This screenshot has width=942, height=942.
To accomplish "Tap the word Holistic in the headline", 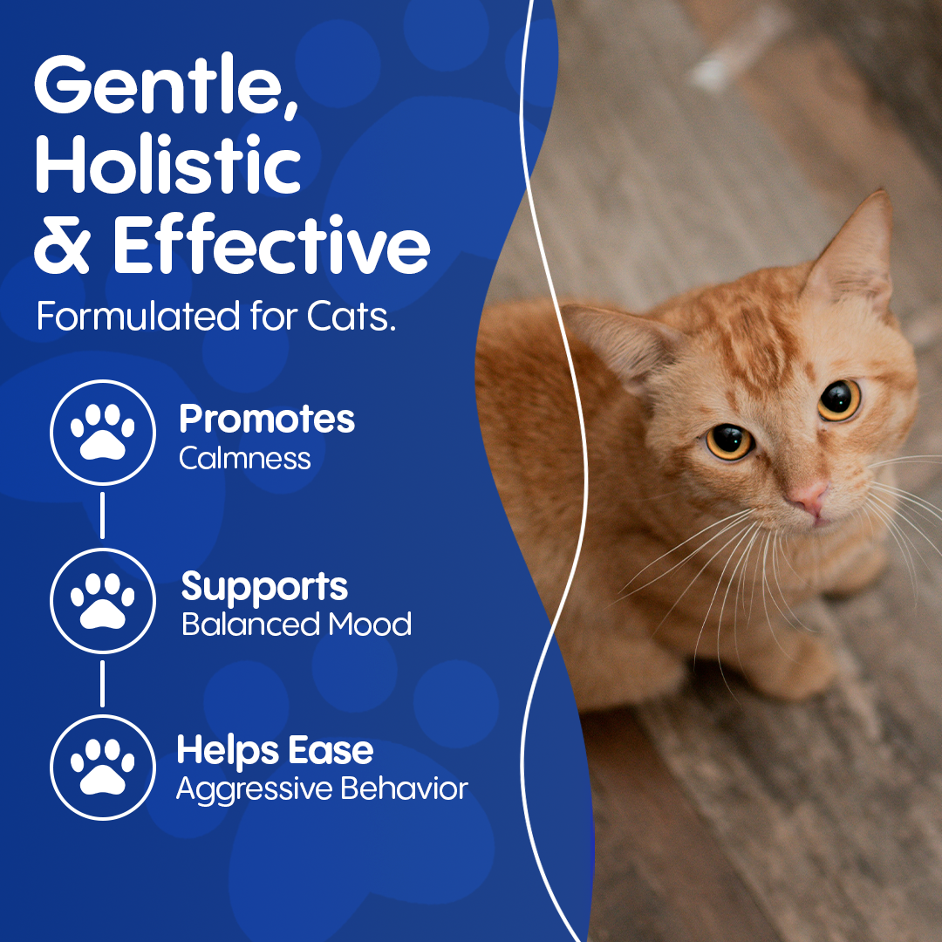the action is pyautogui.click(x=167, y=164).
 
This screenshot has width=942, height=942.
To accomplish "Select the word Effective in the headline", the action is pyautogui.click(x=271, y=244).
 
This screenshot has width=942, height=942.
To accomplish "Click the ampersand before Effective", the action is pyautogui.click(x=62, y=244).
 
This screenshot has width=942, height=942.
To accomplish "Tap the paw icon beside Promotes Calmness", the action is pyautogui.click(x=103, y=432).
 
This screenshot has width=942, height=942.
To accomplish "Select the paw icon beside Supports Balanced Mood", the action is pyautogui.click(x=103, y=600).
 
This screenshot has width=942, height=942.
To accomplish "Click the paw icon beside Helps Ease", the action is pyautogui.click(x=103, y=768).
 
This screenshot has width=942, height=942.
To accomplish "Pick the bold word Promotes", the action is pyautogui.click(x=267, y=420).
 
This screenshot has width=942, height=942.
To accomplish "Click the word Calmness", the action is pyautogui.click(x=244, y=459).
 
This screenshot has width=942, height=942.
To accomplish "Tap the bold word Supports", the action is pyautogui.click(x=264, y=588).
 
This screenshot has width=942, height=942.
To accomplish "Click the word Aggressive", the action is pyautogui.click(x=255, y=789).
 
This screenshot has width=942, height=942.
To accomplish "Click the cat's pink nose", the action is pyautogui.click(x=809, y=496).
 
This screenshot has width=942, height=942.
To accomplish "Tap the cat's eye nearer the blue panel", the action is pyautogui.click(x=729, y=441).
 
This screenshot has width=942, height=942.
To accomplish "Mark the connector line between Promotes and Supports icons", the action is pyautogui.click(x=102, y=515).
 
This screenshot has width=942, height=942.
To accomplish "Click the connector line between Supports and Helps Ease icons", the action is pyautogui.click(x=102, y=684).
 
